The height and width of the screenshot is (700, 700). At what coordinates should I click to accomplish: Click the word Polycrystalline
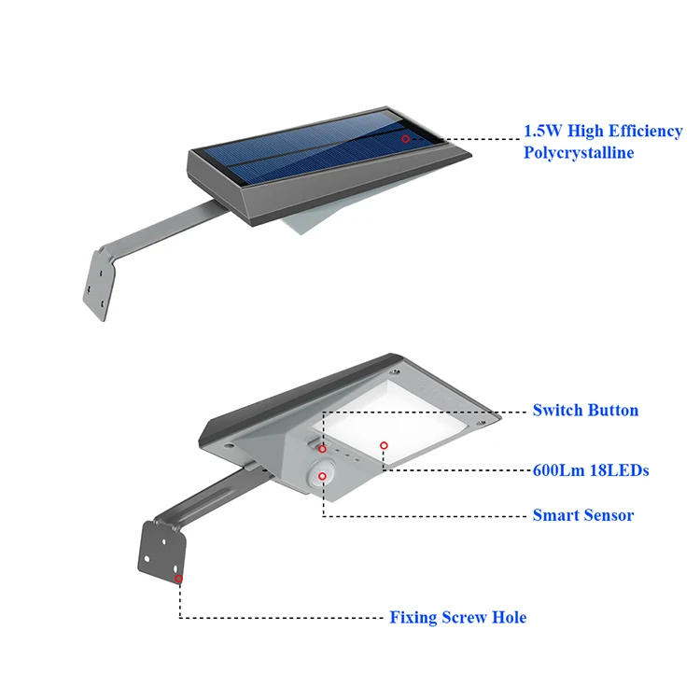click(x=579, y=152)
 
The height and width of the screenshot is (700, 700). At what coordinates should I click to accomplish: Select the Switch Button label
click(x=585, y=410)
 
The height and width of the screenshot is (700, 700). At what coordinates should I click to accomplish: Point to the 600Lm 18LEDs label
click(x=590, y=470)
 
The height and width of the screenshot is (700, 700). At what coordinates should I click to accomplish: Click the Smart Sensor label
click(x=582, y=515)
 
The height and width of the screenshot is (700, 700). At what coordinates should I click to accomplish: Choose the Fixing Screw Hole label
click(x=457, y=617)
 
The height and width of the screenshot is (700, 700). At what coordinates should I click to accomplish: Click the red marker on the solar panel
click(x=406, y=138)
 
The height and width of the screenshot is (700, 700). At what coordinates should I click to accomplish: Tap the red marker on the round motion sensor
click(x=322, y=477)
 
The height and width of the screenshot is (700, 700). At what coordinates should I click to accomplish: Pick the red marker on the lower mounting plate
click(x=178, y=579)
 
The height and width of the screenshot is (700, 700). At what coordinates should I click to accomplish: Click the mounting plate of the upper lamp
click(x=97, y=280)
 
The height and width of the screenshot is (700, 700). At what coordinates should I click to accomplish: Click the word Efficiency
click(x=639, y=131)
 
